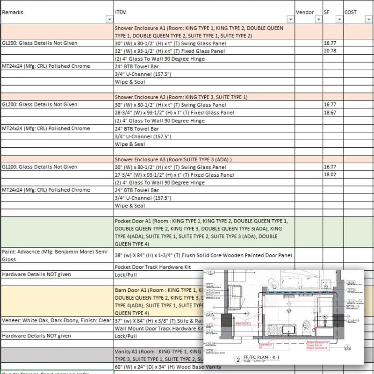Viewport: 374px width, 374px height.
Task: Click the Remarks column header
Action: pyautogui.click(x=13, y=12)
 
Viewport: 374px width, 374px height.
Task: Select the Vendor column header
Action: pyautogui.click(x=305, y=12)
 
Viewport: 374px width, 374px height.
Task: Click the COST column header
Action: pyautogui.click(x=351, y=12)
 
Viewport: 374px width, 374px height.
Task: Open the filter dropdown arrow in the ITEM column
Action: pyautogui.click(x=289, y=20)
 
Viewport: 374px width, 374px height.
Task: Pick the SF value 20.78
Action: pyautogui.click(x=330, y=50)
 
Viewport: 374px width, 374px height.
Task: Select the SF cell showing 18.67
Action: pyautogui.click(x=330, y=113)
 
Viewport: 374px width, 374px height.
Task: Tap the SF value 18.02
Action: pyautogui.click(x=330, y=175)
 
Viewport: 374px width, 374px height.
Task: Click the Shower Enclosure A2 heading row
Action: pyautogui.click(x=181, y=97)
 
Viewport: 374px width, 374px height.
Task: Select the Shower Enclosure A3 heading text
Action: pyautogui.click(x=173, y=159)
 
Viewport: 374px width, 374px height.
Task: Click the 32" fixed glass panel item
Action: pyautogui.click(x=170, y=50)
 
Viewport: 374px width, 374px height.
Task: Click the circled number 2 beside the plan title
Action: pyautogui.click(x=238, y=360)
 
